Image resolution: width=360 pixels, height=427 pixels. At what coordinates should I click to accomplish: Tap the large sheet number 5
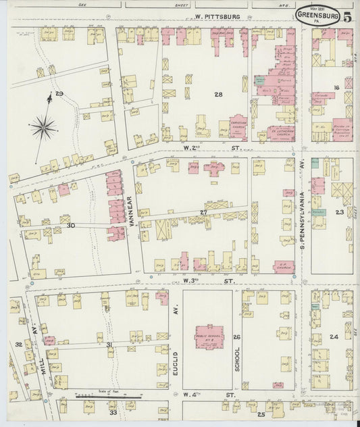(x=346, y=17)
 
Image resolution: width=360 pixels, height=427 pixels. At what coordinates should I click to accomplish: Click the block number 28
(x=218, y=94)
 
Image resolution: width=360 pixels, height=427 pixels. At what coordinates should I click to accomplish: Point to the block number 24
(x=333, y=336)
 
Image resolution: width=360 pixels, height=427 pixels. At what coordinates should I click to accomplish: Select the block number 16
(x=334, y=87)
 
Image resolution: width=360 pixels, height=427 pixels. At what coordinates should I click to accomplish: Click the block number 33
(x=113, y=412)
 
